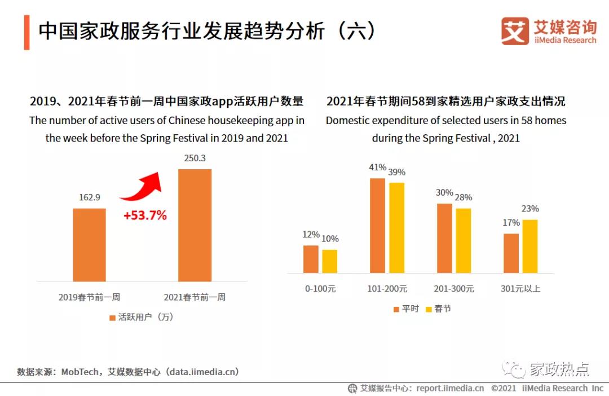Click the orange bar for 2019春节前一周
(x=89, y=245)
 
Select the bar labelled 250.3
(x=195, y=225)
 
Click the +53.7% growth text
(x=145, y=215)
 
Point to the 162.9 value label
(x=89, y=197)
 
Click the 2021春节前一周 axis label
(x=195, y=297)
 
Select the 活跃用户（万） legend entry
(x=142, y=317)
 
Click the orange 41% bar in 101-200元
(x=377, y=226)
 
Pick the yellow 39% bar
(x=397, y=228)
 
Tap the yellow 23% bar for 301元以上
(x=529, y=246)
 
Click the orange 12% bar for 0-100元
(x=311, y=259)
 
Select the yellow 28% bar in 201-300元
(x=463, y=240)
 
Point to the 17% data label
(x=511, y=223)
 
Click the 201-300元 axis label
(x=453, y=289)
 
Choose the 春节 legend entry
(x=438, y=309)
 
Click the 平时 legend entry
(x=405, y=309)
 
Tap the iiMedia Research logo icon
(x=514, y=30)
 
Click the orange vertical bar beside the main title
(x=27, y=33)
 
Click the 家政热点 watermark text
(x=559, y=369)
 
